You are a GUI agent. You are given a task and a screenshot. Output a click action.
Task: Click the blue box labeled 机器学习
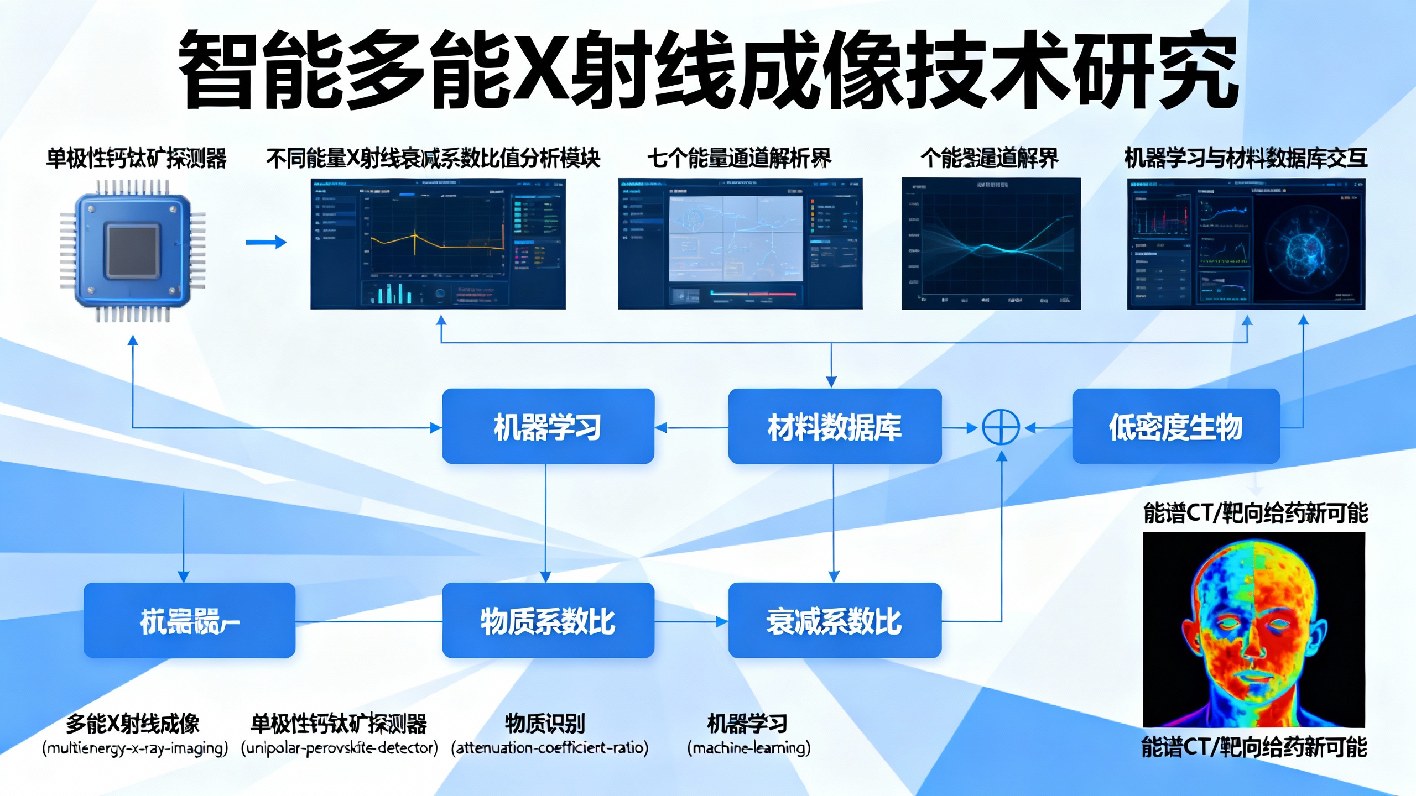548,426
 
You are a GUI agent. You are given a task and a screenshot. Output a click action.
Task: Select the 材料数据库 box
834,426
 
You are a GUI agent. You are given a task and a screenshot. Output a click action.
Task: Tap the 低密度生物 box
1175,426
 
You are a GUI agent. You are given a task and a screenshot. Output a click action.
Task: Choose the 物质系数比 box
548,620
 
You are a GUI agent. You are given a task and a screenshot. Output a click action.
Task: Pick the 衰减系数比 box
834,620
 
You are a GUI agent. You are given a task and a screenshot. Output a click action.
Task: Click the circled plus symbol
1001,427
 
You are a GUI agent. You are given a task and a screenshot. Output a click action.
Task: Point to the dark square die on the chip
133,250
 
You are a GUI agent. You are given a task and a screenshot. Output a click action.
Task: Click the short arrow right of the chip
266,242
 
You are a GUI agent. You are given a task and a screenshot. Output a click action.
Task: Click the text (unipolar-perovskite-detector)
339,748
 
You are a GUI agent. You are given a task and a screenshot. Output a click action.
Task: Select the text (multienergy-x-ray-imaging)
135,748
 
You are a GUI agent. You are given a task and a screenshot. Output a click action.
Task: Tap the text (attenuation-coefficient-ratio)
550,748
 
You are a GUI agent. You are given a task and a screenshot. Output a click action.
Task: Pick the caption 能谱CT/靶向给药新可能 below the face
1254,747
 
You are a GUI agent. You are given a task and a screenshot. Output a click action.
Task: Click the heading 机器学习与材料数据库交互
1246,159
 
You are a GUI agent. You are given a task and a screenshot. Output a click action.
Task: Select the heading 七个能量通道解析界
739,159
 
